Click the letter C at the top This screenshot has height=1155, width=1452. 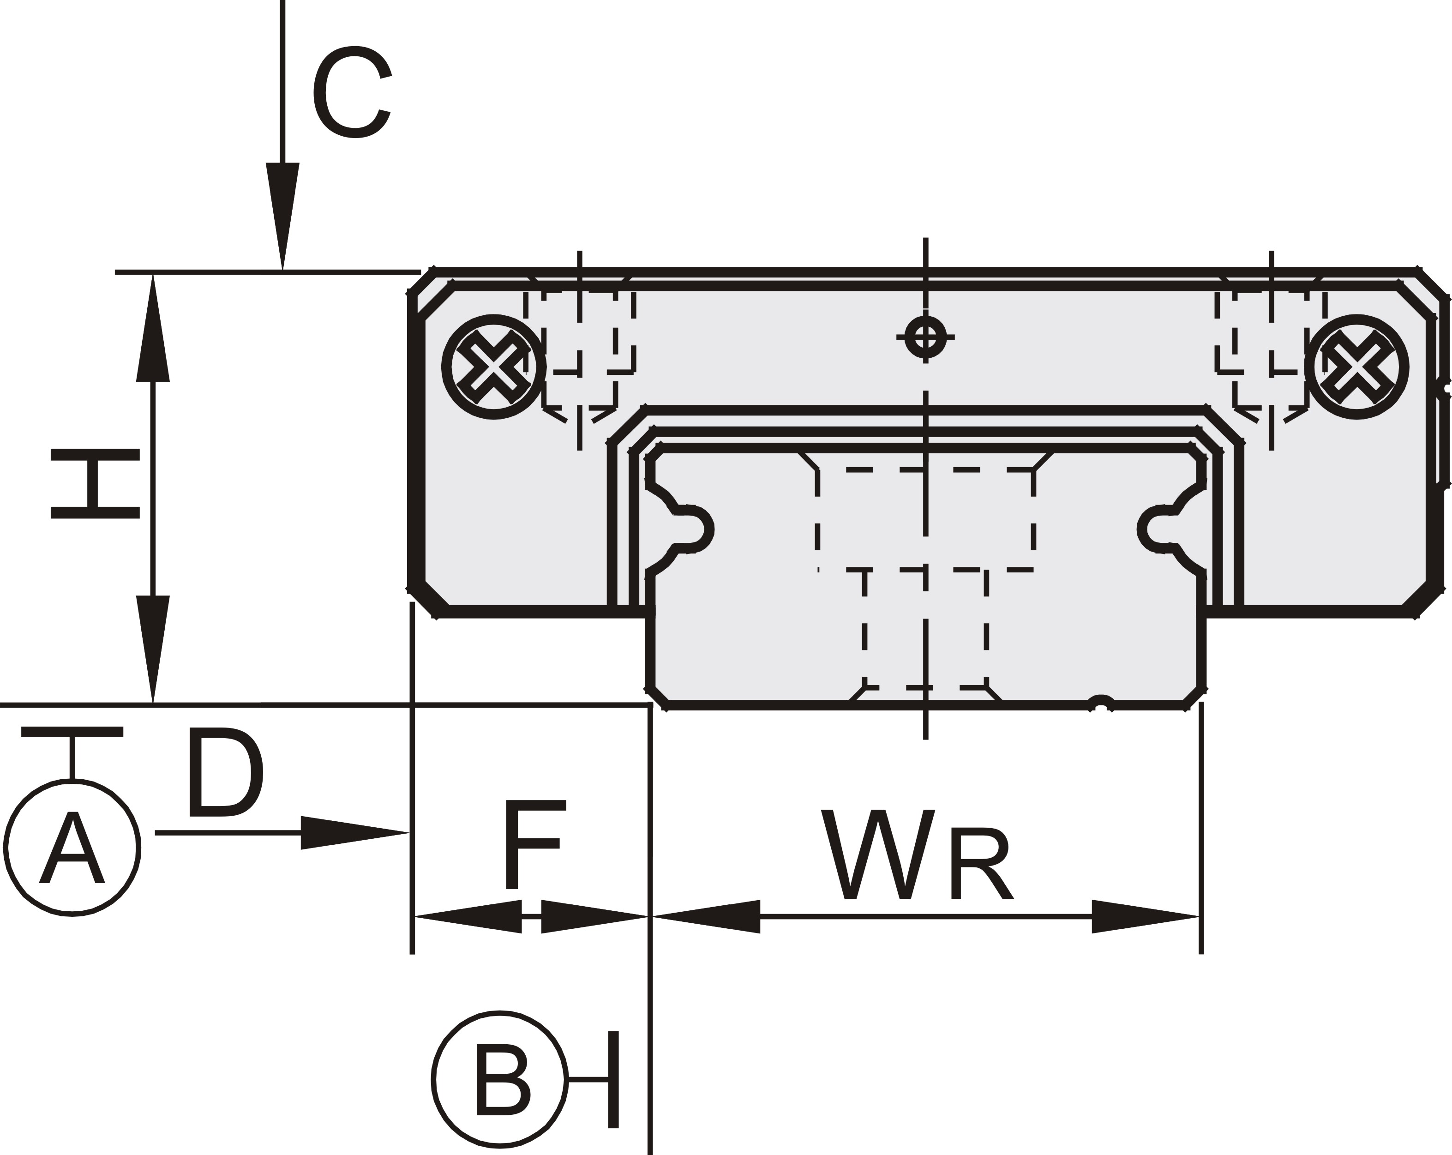pyautogui.click(x=352, y=92)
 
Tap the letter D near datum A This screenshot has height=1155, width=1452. pyautogui.click(x=224, y=772)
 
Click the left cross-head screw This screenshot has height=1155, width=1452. pyautogui.click(x=494, y=367)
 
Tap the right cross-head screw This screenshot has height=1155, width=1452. pyautogui.click(x=1356, y=367)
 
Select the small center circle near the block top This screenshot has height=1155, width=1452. pyautogui.click(x=925, y=336)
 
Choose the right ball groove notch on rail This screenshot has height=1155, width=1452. pyautogui.click(x=1156, y=529)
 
